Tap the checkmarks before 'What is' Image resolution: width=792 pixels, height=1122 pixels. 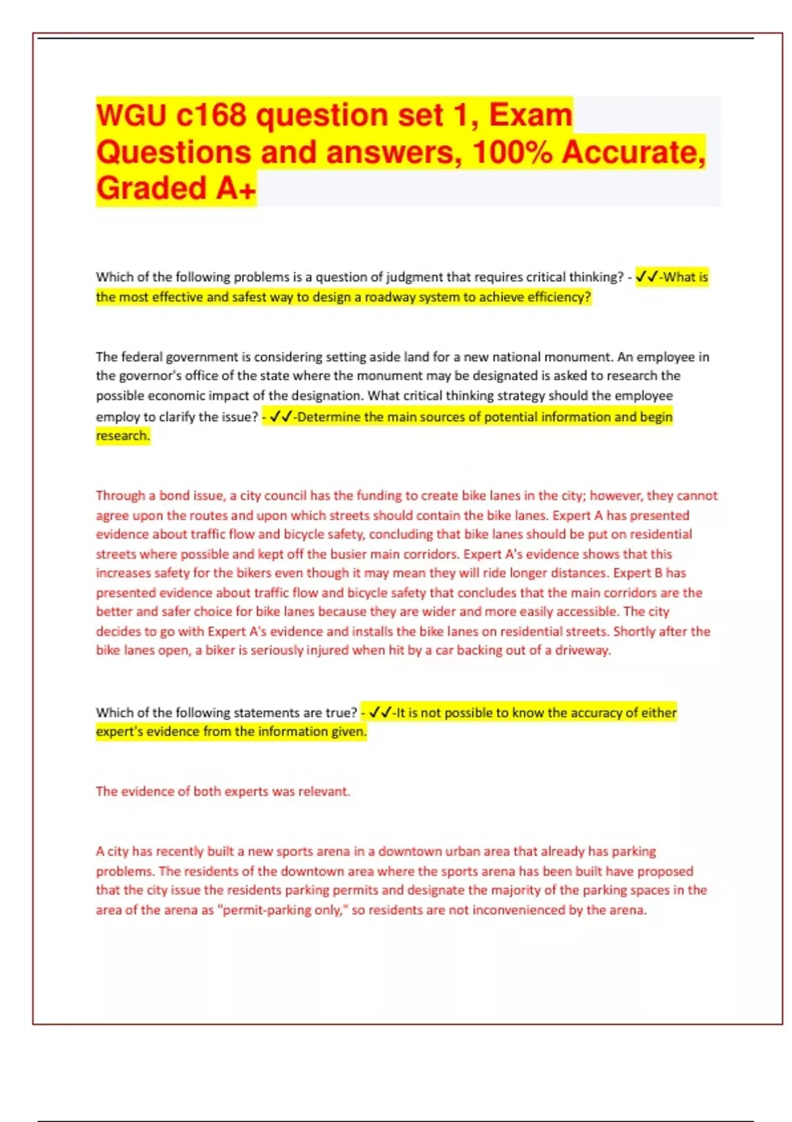click(646, 277)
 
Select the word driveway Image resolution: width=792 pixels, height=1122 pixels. click(583, 651)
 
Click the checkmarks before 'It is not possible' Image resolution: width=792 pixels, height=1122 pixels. click(381, 713)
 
